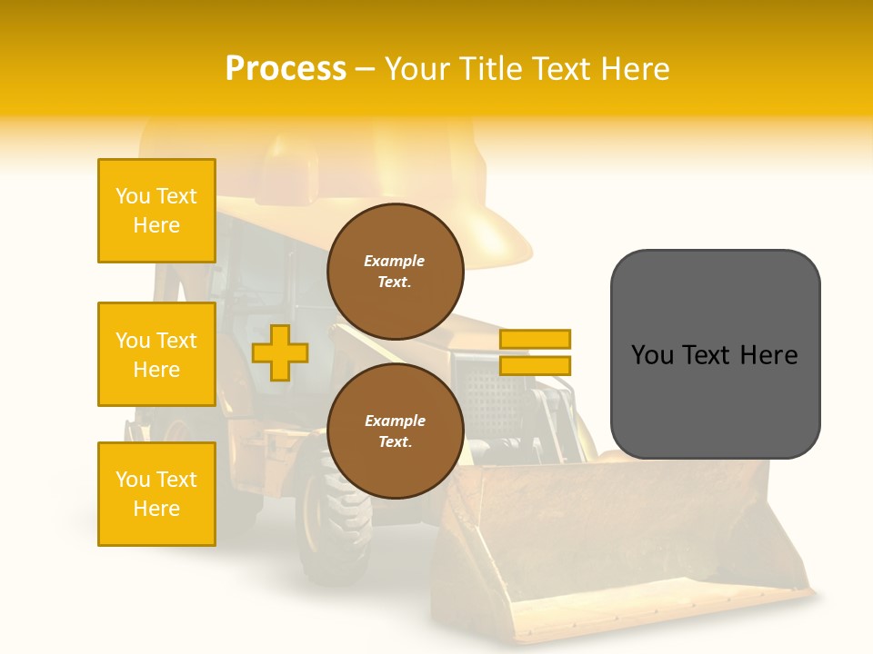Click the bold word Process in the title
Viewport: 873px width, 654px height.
point(286,69)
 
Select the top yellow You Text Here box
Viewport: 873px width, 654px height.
point(156,211)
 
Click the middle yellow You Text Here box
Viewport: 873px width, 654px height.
point(156,354)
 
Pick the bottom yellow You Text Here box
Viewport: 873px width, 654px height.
point(156,493)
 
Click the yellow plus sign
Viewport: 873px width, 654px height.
point(280,352)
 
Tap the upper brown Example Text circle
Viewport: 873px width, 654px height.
point(395,271)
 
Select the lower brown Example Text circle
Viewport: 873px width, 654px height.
point(395,431)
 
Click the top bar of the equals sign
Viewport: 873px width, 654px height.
point(535,339)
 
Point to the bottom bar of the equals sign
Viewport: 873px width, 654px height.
point(535,365)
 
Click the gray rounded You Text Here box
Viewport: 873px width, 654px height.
point(715,354)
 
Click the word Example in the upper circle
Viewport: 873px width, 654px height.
point(395,261)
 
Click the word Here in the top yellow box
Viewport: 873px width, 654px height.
point(156,225)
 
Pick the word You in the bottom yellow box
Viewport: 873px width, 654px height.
point(133,480)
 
